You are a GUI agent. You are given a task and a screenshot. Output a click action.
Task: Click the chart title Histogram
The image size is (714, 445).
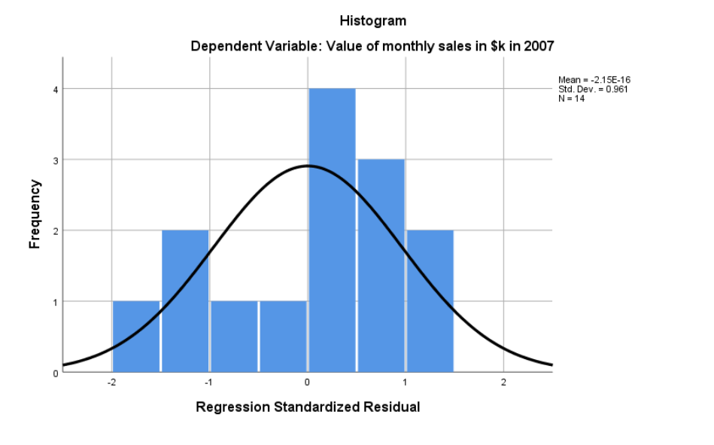tap(372, 20)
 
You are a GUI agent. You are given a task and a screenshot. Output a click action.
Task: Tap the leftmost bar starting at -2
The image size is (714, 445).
tap(136, 337)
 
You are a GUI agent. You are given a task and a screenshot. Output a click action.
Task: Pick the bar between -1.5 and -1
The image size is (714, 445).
tap(185, 300)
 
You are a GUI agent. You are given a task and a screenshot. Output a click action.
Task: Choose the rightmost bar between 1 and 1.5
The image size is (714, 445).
tap(430, 300)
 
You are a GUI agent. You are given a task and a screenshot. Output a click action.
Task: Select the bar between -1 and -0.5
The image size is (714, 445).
tap(234, 337)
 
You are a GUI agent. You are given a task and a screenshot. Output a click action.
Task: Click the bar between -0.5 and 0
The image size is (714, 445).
tap(283, 337)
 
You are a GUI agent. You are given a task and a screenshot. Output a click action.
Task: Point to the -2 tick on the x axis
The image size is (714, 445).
tap(111, 383)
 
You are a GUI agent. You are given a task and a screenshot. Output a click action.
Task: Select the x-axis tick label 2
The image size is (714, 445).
tap(503, 383)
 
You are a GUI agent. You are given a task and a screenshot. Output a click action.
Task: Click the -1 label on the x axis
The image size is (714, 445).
tap(209, 383)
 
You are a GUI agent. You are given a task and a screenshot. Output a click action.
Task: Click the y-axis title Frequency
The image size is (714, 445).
tap(34, 214)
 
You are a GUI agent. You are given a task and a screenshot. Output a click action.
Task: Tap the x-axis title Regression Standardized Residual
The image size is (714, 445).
tap(308, 407)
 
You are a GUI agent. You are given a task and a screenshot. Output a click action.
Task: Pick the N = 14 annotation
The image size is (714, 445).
tap(571, 98)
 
